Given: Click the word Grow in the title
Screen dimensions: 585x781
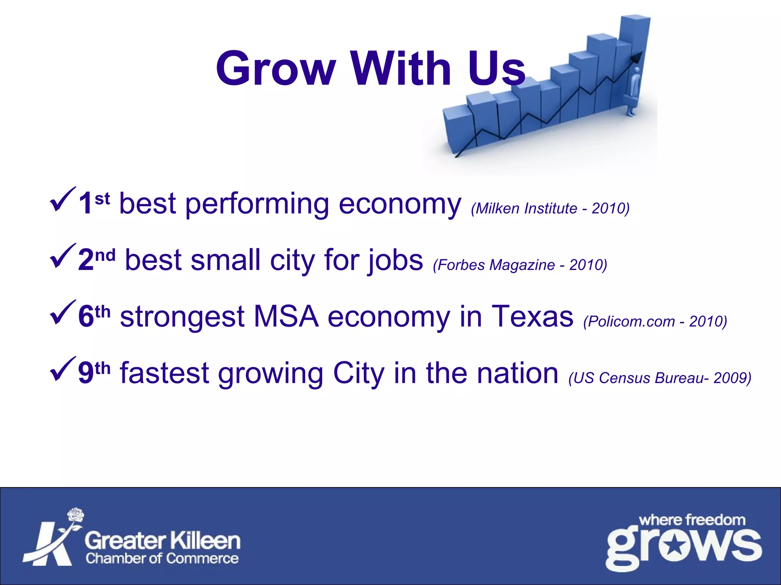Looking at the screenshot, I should pyautogui.click(x=275, y=69).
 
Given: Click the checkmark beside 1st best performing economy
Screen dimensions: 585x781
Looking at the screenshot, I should pyautogui.click(x=63, y=200).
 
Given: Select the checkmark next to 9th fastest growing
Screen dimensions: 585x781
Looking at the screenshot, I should pyautogui.click(x=63, y=369).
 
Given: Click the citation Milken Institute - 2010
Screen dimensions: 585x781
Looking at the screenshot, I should pyautogui.click(x=550, y=208).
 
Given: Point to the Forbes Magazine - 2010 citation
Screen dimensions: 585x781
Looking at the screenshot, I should pyautogui.click(x=520, y=265).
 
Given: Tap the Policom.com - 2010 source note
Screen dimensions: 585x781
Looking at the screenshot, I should pyautogui.click(x=655, y=321).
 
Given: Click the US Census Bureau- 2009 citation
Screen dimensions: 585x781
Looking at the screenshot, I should pyautogui.click(x=659, y=378).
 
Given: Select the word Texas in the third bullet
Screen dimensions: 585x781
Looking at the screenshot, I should pyautogui.click(x=532, y=316).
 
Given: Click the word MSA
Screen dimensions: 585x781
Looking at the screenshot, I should pyautogui.click(x=286, y=316).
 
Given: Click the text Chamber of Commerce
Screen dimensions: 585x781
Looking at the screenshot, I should pyautogui.click(x=162, y=558).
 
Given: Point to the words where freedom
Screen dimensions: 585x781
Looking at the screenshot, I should pyautogui.click(x=692, y=520).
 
